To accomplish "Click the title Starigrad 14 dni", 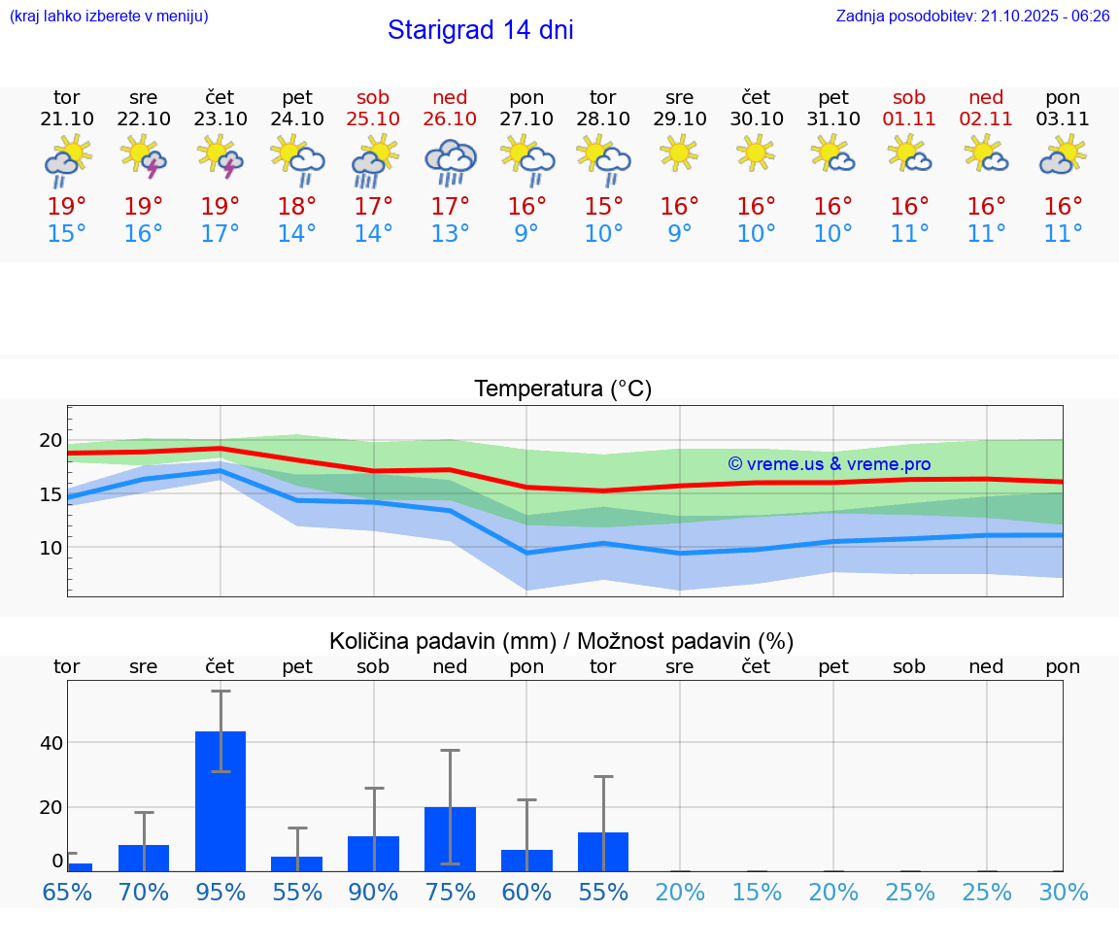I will [x=480, y=30].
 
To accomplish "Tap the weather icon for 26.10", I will [x=450, y=162].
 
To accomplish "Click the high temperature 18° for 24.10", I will [x=297, y=206].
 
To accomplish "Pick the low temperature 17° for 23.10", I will [x=220, y=234].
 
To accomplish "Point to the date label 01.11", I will [x=909, y=119].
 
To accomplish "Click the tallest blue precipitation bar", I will [x=220, y=800].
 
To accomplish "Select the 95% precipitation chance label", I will [x=220, y=893].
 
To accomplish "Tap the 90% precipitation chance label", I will [x=373, y=893].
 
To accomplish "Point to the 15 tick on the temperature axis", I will [x=51, y=494].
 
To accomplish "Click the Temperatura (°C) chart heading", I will [x=562, y=389].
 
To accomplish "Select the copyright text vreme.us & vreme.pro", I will [x=829, y=464].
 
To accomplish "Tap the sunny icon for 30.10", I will [x=756, y=152].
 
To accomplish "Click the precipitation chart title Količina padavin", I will [x=561, y=641].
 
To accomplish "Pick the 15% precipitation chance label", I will [x=756, y=893].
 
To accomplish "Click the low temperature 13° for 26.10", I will [x=450, y=234].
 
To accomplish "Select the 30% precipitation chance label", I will [x=1063, y=893].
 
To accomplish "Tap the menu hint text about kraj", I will [x=109, y=17].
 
